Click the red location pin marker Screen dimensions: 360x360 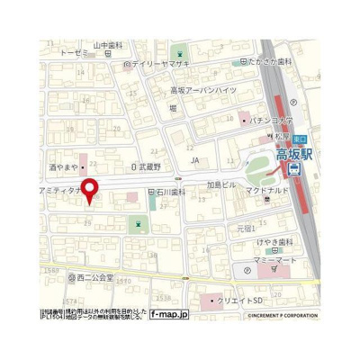[x=89, y=190]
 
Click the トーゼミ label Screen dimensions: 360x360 [x=71, y=53]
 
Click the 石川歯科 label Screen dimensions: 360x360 [x=169, y=192]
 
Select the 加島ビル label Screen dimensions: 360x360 [x=220, y=184]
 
